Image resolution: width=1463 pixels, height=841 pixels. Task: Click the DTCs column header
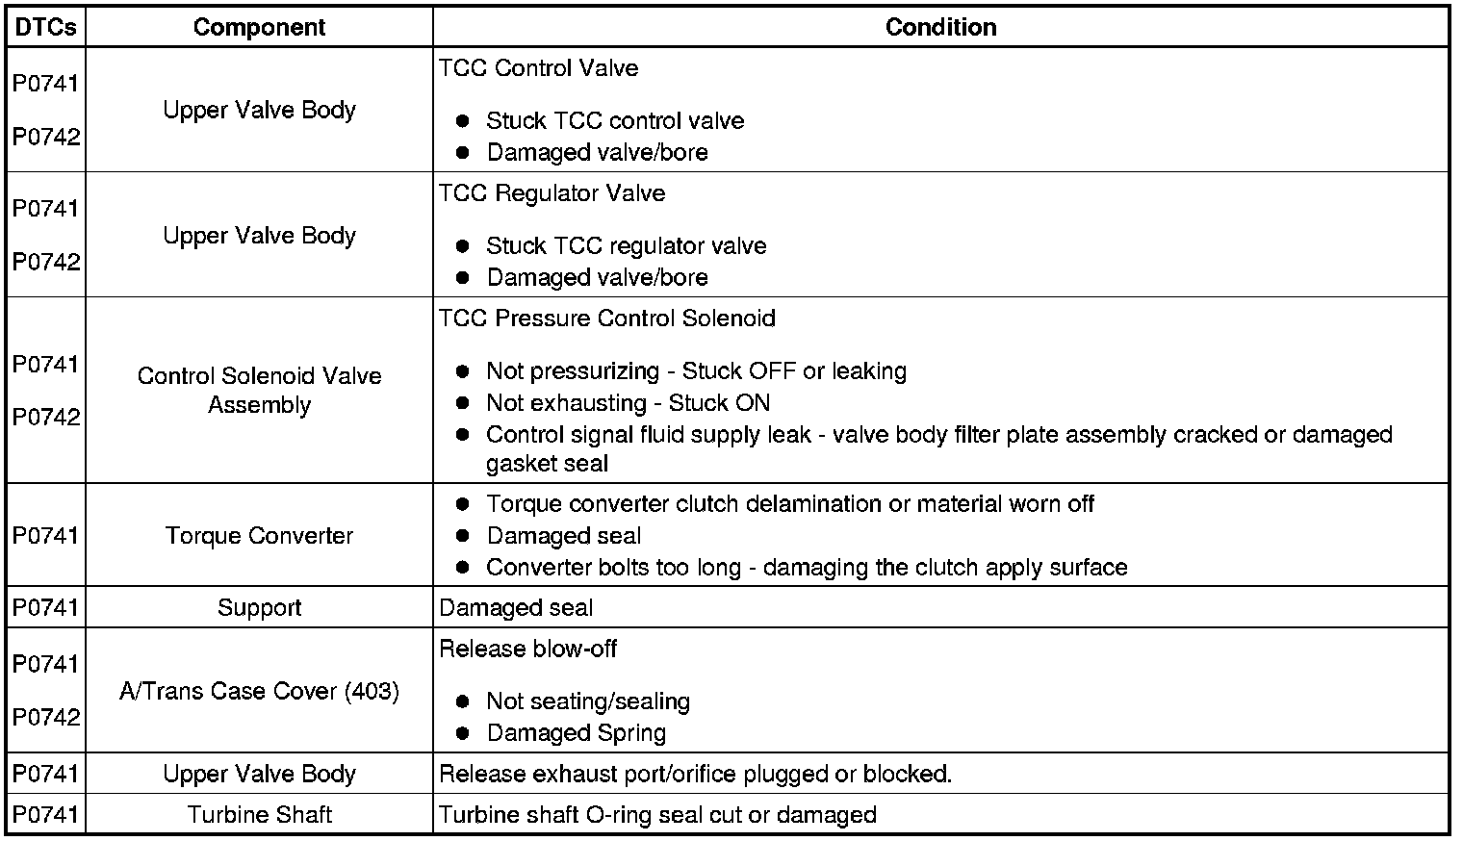[45, 27]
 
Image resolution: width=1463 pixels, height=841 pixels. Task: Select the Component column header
[259, 27]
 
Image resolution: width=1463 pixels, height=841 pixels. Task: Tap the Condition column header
[940, 27]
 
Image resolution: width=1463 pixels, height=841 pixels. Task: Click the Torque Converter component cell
[259, 535]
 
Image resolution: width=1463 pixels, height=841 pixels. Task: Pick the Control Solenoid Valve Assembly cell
[259, 390]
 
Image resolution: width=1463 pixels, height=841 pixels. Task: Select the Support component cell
[259, 607]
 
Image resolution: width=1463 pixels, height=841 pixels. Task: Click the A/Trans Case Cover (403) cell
[259, 690]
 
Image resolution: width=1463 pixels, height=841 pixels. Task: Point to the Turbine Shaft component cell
[259, 814]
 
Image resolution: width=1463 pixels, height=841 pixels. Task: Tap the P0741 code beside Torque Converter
[45, 535]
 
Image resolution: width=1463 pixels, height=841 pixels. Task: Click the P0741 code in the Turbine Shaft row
[45, 814]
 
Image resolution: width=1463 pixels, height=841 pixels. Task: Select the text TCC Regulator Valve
[552, 192]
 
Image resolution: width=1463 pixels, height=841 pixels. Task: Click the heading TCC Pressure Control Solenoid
[606, 318]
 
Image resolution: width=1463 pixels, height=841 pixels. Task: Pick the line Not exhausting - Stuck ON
[628, 402]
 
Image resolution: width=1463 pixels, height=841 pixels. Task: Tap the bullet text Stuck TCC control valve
[615, 120]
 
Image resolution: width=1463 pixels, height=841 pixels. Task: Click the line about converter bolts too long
[807, 567]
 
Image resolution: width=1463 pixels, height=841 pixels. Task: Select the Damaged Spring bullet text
[576, 732]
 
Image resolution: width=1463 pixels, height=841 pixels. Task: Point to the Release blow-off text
[527, 648]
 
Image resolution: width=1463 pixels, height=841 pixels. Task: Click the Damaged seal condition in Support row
[516, 607]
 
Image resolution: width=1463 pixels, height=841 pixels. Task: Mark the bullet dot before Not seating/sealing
[463, 701]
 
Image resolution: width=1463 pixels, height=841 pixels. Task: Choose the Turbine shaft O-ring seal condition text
[657, 814]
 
